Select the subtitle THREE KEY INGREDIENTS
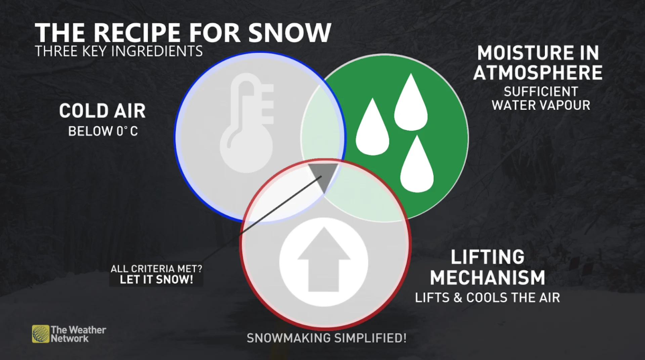coord(119,51)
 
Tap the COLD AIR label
coord(102,111)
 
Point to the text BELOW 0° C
coord(103,131)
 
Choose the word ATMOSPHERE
coord(538,73)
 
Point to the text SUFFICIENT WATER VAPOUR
coord(541,98)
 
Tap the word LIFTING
coord(487,257)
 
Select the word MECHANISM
coord(487,278)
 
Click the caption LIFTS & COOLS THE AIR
coord(487,298)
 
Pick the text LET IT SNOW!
coord(157,279)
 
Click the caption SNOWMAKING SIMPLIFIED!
coord(327,338)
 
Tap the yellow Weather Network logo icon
coord(41,334)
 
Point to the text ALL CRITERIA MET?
coord(157,269)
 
